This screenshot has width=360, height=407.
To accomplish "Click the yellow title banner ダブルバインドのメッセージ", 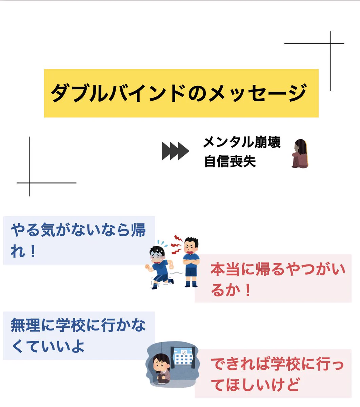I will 181,93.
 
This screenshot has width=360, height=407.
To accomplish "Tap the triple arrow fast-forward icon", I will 175,151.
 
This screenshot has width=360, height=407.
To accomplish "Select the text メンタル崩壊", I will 242,142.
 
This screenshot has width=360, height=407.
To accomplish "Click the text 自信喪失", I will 230,161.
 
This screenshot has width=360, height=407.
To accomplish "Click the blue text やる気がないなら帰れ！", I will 78,240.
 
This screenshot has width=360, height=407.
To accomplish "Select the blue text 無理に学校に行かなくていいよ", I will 78,335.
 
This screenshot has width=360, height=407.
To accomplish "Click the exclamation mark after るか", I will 247,290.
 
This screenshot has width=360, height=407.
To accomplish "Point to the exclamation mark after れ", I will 33,252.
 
